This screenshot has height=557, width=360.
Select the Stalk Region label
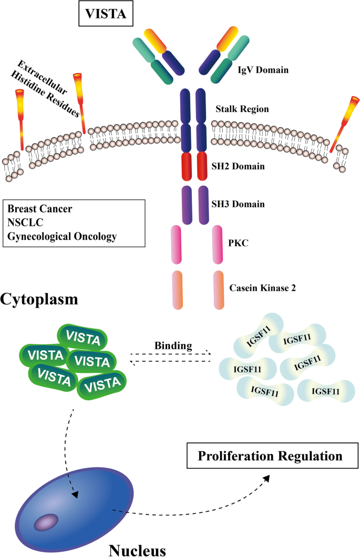(242, 109)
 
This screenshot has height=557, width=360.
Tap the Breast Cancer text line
(40, 209)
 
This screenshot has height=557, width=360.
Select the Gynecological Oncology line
(62, 236)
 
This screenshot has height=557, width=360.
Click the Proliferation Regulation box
(270, 455)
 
